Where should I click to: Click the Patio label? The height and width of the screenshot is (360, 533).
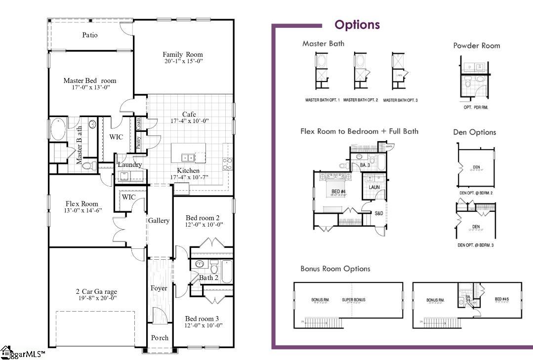point(90,35)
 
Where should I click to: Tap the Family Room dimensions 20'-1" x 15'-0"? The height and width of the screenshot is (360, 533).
point(183,61)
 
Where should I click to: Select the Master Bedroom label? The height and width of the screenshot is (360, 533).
point(89,80)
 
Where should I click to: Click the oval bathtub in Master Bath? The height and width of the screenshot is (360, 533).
point(58,128)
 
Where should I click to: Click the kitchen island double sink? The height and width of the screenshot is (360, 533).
point(188,158)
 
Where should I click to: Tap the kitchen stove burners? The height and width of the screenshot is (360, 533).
point(228,163)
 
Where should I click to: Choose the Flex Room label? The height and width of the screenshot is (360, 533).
point(82,203)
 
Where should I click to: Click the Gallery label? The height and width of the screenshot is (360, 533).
point(159,220)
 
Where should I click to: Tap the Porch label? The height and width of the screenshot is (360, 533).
point(160,338)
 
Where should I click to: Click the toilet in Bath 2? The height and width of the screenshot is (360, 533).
point(214,269)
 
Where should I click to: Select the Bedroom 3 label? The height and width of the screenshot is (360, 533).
point(204,319)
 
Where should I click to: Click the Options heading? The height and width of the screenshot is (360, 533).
point(357,25)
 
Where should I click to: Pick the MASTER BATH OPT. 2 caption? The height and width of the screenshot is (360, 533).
point(361,100)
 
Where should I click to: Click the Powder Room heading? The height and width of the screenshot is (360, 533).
point(477,45)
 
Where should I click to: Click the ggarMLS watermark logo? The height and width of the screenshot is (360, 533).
point(23,354)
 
